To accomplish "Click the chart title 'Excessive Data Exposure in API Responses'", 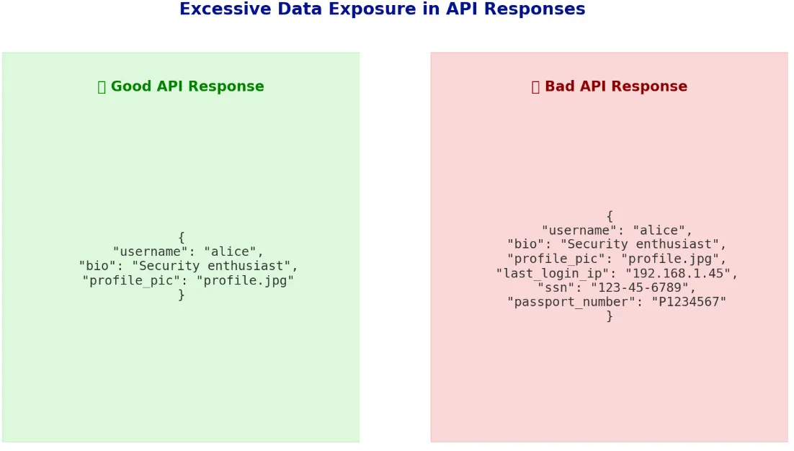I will (382, 9).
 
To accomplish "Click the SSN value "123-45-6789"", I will (643, 288).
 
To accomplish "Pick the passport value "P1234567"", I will (689, 303).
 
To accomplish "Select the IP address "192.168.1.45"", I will (682, 274).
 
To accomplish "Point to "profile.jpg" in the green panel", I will (245, 281).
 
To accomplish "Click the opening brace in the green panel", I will (181, 237).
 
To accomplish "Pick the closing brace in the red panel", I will (610, 316).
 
